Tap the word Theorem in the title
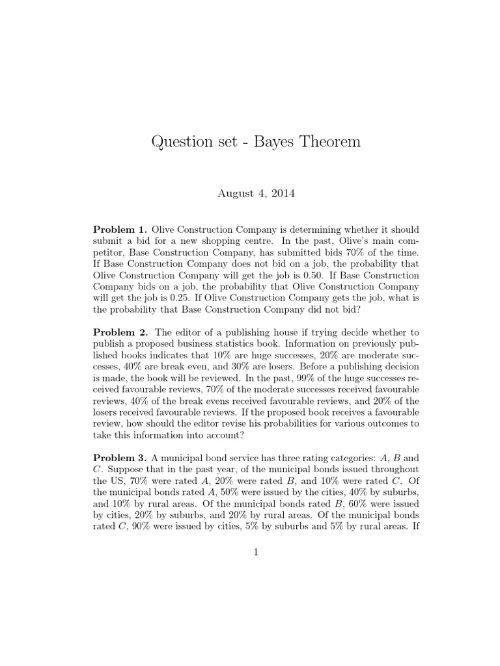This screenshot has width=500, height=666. click(326, 141)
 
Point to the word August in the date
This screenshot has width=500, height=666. click(232, 193)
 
